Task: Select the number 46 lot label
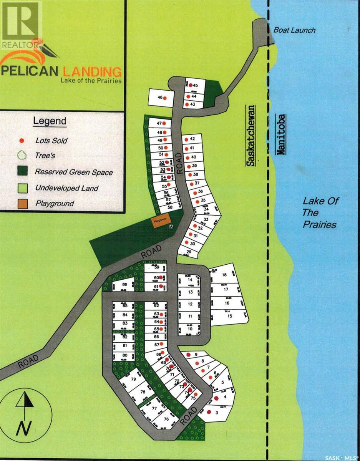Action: click(160, 98)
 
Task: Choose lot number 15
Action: click(230, 316)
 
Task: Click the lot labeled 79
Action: click(133, 379)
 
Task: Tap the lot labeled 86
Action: click(124, 284)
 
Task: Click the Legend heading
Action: click(50, 121)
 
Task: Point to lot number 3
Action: click(217, 413)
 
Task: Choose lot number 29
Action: click(189, 251)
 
